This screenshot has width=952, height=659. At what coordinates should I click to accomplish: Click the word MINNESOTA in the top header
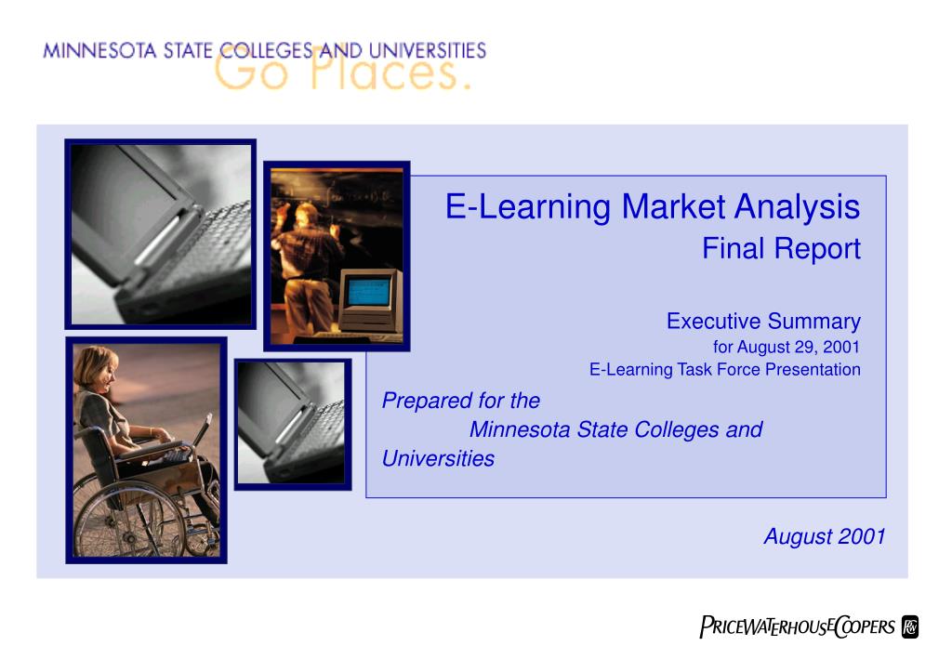pyautogui.click(x=99, y=50)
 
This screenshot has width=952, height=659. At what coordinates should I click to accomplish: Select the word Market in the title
pyautogui.click(x=673, y=206)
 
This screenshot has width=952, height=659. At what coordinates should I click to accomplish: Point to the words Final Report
pyautogui.click(x=781, y=248)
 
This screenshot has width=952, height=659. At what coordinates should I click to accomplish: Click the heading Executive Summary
pyautogui.click(x=764, y=321)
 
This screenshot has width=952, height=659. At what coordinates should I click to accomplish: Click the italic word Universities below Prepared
pyautogui.click(x=438, y=459)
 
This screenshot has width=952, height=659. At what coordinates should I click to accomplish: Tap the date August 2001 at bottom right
pyautogui.click(x=825, y=536)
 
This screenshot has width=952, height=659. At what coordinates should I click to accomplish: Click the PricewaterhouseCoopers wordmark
pyautogui.click(x=797, y=626)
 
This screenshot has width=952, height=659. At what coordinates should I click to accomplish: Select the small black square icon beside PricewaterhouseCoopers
pyautogui.click(x=910, y=627)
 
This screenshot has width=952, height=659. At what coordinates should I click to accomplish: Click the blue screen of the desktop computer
pyautogui.click(x=368, y=292)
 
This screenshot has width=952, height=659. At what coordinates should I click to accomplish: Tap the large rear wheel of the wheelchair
pyautogui.click(x=126, y=520)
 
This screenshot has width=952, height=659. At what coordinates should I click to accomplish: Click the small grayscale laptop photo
pyautogui.click(x=293, y=424)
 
